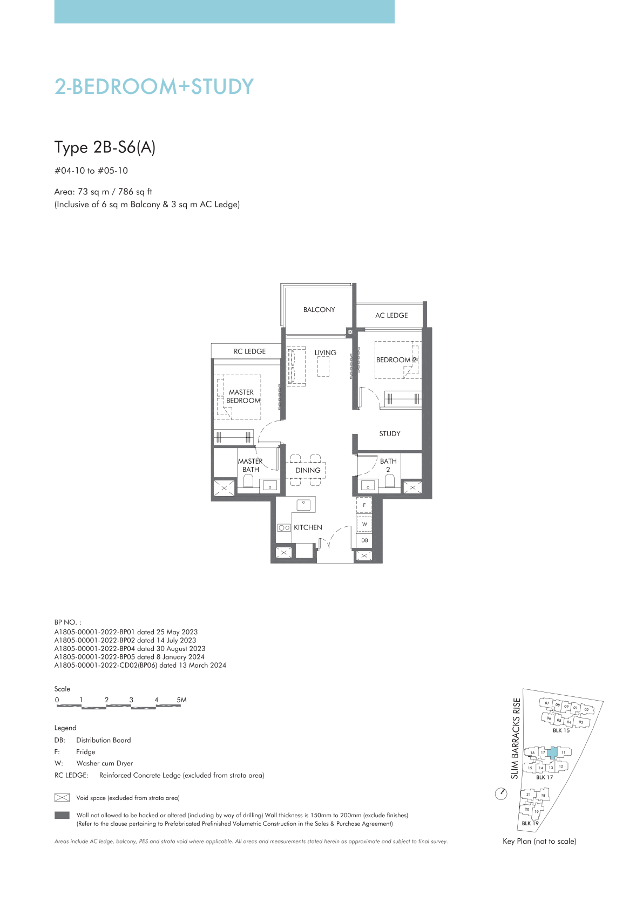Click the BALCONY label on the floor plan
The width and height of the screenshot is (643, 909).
[319, 310]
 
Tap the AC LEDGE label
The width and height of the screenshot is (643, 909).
[391, 315]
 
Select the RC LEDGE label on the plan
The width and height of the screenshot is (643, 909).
[249, 351]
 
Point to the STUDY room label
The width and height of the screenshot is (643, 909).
[390, 434]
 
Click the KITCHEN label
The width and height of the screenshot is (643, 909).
[308, 527]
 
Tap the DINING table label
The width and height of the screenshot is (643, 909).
[308, 470]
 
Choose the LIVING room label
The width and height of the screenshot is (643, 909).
[325, 352]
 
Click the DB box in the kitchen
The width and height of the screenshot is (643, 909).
[364, 540]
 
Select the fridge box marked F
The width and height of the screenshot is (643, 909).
[364, 505]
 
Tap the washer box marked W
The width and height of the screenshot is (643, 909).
[364, 524]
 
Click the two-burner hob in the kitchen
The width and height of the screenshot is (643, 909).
[284, 528]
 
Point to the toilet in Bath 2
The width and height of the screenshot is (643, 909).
[389, 481]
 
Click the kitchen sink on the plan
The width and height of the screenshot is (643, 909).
[303, 505]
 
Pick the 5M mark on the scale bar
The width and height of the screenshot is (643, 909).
[181, 700]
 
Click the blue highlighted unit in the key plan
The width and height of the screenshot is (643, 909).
[552, 753]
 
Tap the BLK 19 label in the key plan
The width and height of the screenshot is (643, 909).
[530, 823]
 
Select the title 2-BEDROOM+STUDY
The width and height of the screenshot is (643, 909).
[154, 86]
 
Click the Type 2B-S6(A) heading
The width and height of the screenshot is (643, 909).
[105, 147]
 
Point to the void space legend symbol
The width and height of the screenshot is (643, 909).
[62, 798]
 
